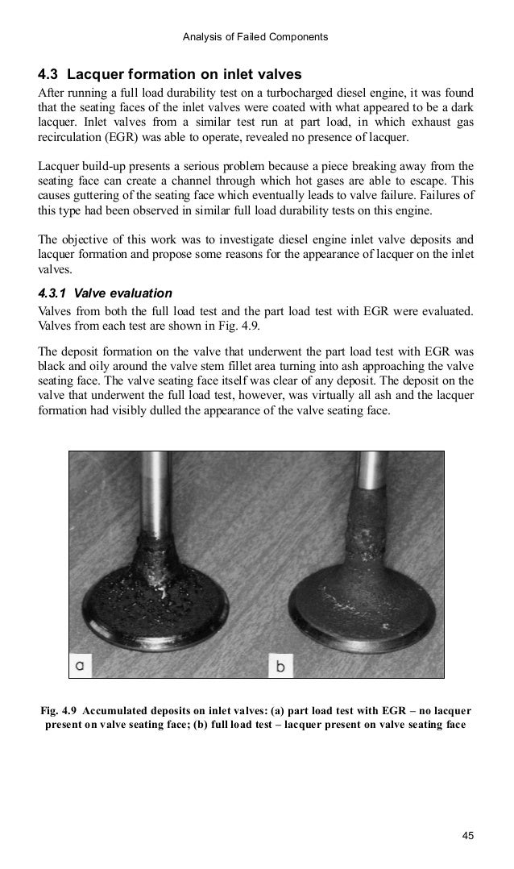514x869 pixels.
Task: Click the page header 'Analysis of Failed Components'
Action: (x=255, y=35)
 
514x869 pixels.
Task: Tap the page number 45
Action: (x=467, y=835)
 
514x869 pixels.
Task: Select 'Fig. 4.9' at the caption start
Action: (x=59, y=710)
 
